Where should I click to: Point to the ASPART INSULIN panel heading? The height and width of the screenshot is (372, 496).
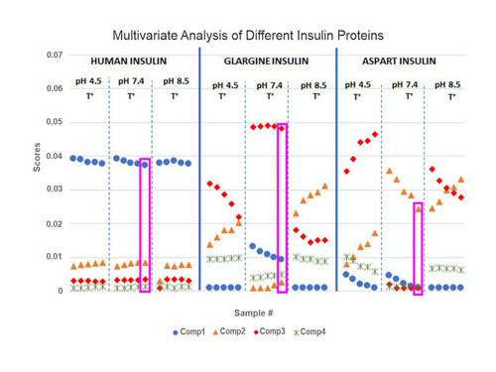click(x=403, y=59)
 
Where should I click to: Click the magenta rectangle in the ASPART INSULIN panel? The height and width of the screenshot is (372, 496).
click(x=418, y=248)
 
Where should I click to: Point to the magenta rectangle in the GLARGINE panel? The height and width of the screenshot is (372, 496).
click(x=282, y=208)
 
